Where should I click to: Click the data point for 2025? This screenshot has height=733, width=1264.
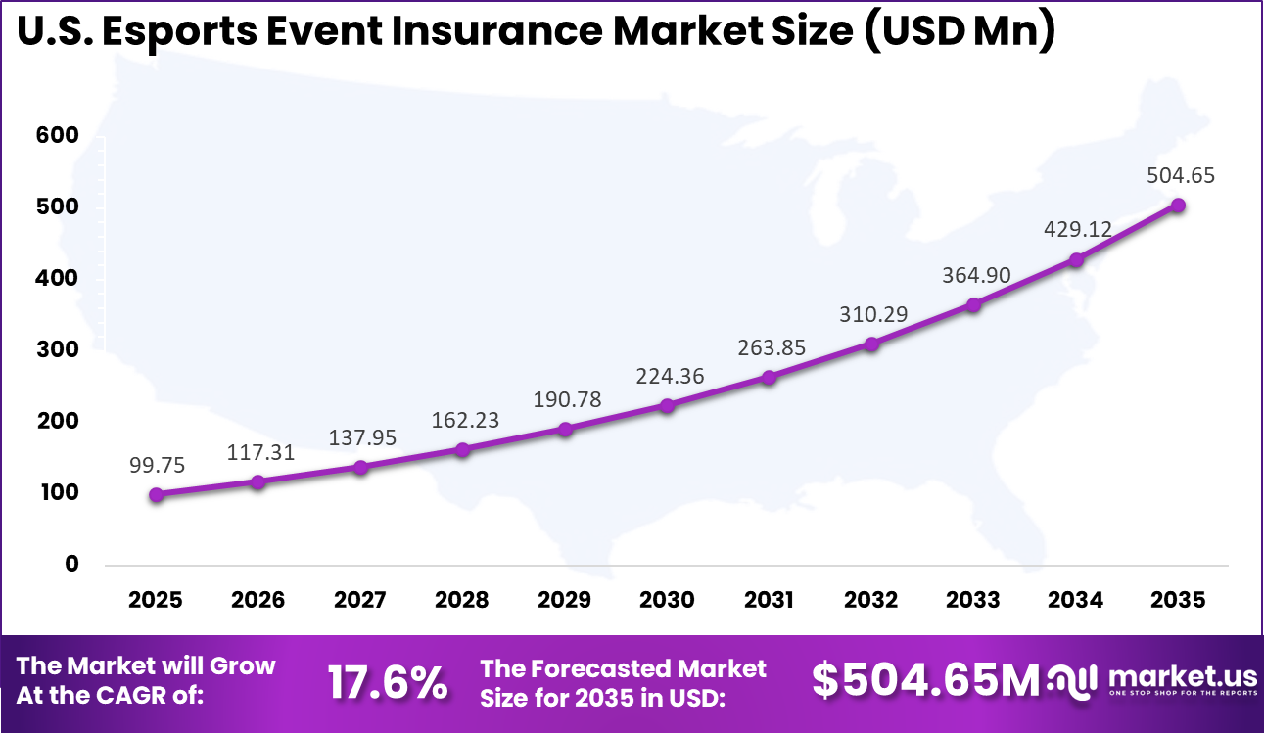click(x=157, y=495)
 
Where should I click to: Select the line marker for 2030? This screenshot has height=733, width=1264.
click(x=667, y=405)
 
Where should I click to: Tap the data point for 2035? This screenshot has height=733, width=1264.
click(x=1178, y=206)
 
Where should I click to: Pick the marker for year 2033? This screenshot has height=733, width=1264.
click(x=973, y=305)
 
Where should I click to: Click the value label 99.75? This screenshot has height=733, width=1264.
click(x=157, y=465)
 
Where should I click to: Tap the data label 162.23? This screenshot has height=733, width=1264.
click(x=464, y=420)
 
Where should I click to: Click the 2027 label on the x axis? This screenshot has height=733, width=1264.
click(x=360, y=600)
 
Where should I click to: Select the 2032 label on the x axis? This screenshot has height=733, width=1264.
click(x=870, y=600)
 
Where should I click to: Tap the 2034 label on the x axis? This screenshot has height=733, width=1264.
click(x=1075, y=600)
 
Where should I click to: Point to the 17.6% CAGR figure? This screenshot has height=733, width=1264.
click(x=387, y=682)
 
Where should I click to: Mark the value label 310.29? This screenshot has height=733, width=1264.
click(x=871, y=315)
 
